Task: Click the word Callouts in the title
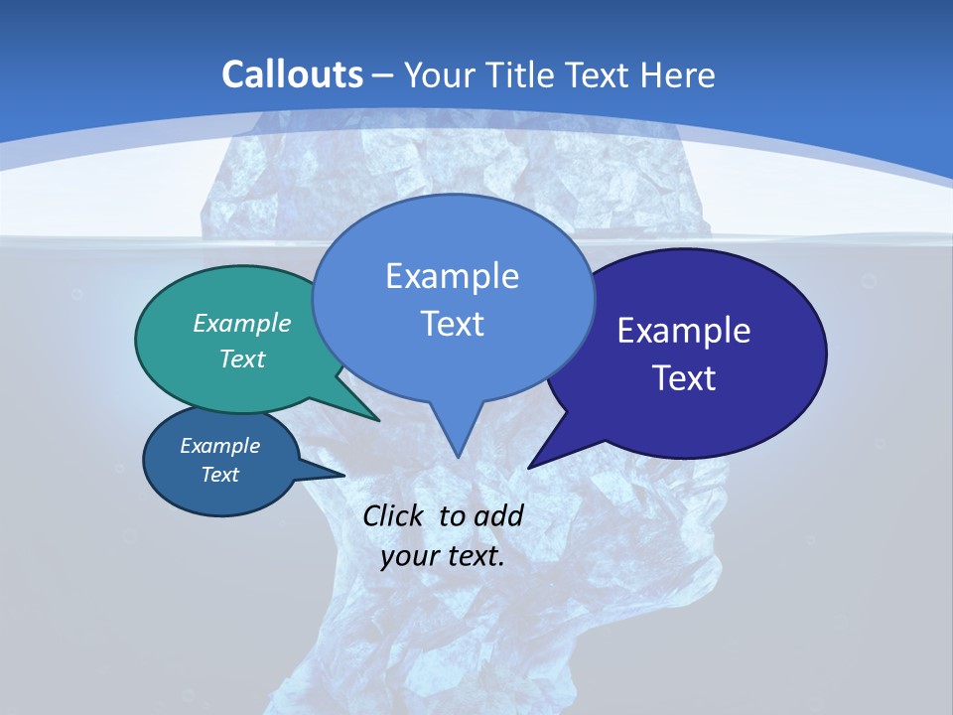(292, 74)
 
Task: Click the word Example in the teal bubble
(242, 323)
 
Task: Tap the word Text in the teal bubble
(242, 358)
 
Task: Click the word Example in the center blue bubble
(452, 276)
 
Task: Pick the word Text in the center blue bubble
(452, 324)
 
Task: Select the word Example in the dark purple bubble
(684, 331)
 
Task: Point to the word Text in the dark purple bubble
(684, 377)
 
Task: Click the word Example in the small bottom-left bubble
(219, 446)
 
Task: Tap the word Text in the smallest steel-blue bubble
(219, 475)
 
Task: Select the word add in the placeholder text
(498, 515)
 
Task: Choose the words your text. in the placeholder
(443, 556)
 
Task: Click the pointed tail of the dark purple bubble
(533, 464)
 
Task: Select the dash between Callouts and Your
(384, 75)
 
